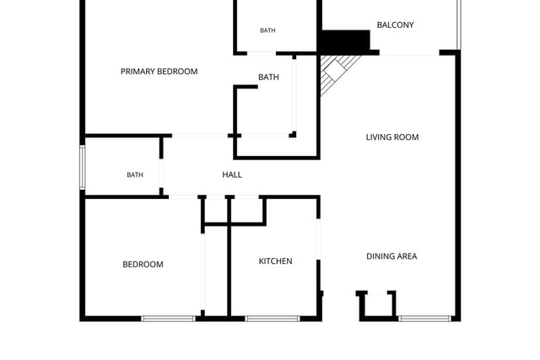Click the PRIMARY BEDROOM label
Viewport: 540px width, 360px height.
[159, 72]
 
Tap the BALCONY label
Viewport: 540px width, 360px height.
[395, 24]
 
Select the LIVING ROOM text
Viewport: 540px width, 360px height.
[392, 137]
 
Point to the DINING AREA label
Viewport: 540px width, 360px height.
[391, 256]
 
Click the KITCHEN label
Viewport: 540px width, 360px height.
[276, 261]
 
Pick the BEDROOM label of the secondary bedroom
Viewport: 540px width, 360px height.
[143, 265]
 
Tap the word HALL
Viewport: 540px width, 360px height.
[232, 175]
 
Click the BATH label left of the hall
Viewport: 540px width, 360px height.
[135, 175]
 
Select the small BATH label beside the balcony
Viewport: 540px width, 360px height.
[267, 30]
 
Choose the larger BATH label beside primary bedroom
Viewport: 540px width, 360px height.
[268, 77]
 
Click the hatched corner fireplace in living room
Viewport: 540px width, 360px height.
[336, 72]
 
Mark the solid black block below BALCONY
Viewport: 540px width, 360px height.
[345, 40]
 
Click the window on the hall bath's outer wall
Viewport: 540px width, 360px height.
[83, 167]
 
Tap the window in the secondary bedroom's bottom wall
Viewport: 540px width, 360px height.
[169, 319]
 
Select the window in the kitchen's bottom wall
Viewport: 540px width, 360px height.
[272, 319]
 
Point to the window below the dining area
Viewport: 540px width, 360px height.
[424, 319]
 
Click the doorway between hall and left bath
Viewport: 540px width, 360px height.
[161, 174]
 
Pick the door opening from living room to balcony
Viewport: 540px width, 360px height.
[409, 52]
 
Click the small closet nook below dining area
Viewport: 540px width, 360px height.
[377, 305]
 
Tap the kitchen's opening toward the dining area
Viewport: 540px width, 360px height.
[319, 239]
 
